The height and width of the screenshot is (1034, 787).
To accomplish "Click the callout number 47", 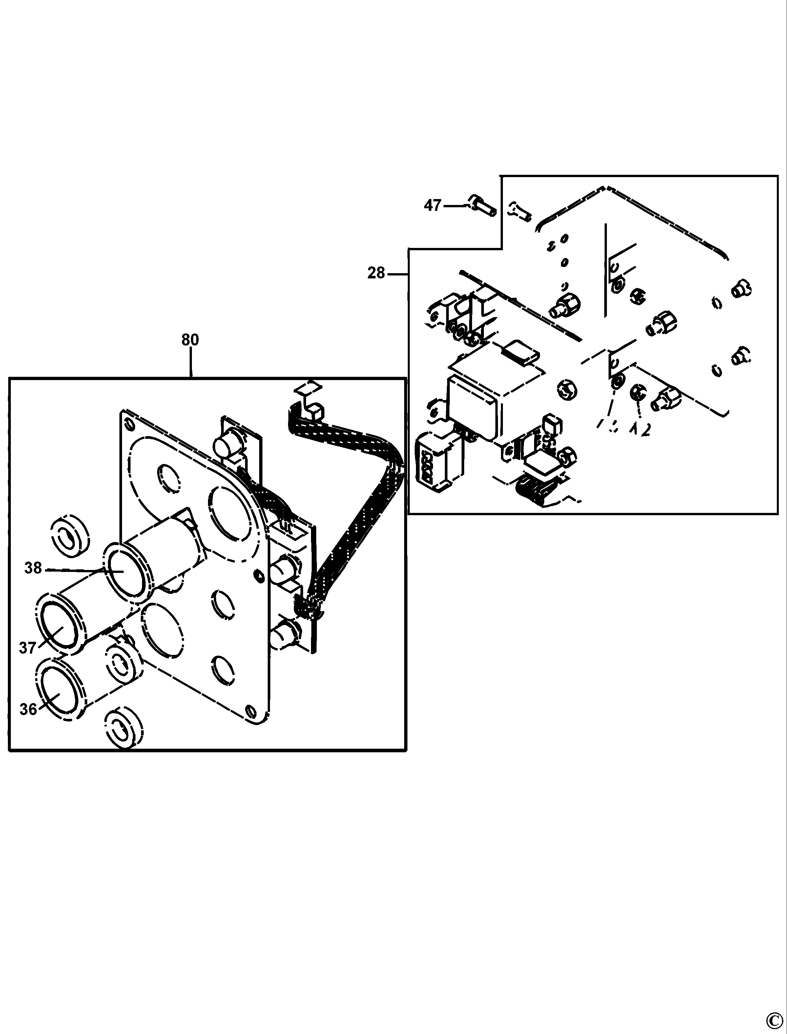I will pos(432,205).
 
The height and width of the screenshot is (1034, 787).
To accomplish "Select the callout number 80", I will pos(190,339).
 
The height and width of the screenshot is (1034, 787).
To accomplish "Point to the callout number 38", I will pos(33,568).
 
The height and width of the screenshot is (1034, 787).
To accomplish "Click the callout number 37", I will pos(27,648).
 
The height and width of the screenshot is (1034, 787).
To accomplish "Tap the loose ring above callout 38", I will pos(70,537).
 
